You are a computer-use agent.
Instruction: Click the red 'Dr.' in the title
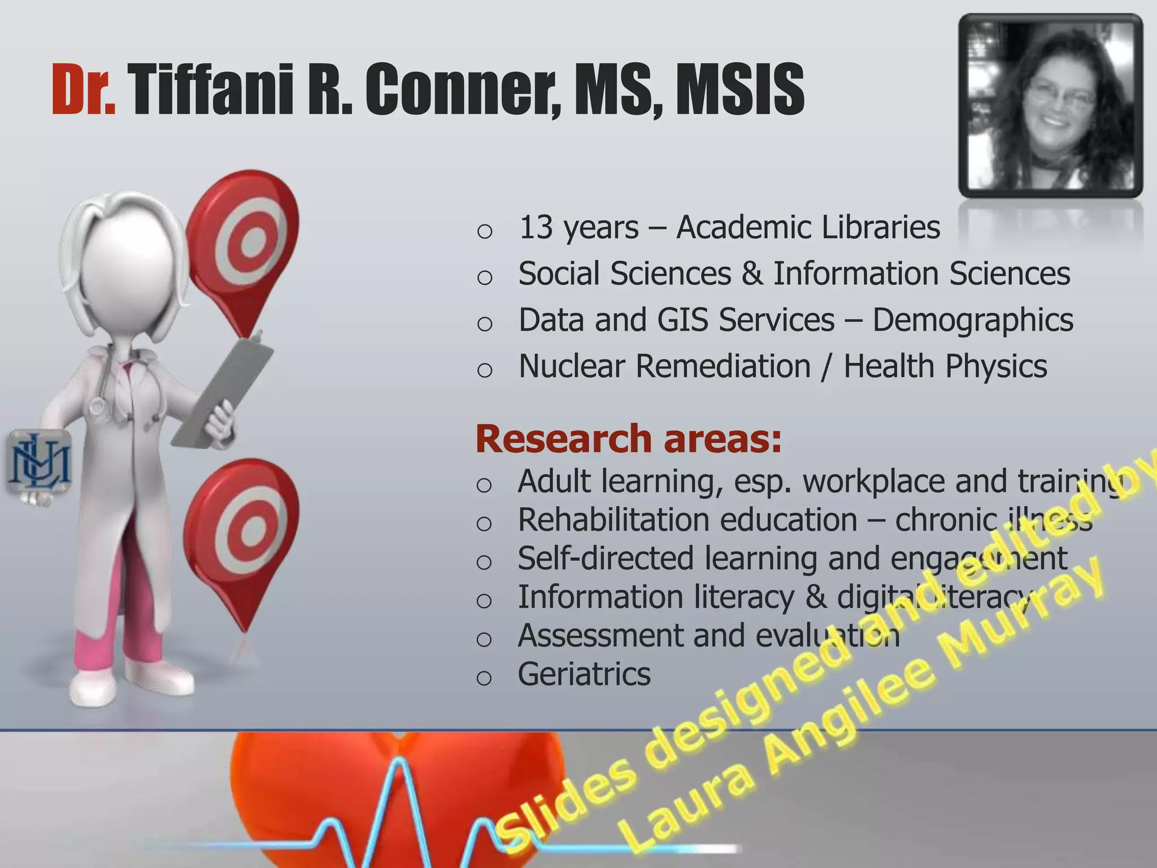click(83, 90)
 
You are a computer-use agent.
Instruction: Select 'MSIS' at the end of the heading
click(740, 90)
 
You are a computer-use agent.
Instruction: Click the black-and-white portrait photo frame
click(1050, 106)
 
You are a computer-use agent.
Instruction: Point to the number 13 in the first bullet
click(535, 228)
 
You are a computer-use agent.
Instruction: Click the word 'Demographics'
click(972, 320)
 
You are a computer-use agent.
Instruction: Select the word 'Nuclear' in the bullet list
click(572, 367)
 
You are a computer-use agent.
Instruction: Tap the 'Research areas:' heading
click(628, 439)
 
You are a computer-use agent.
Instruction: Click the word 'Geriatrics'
click(584, 674)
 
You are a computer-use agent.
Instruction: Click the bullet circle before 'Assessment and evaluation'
click(484, 639)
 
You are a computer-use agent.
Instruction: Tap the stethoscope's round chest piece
click(97, 406)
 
